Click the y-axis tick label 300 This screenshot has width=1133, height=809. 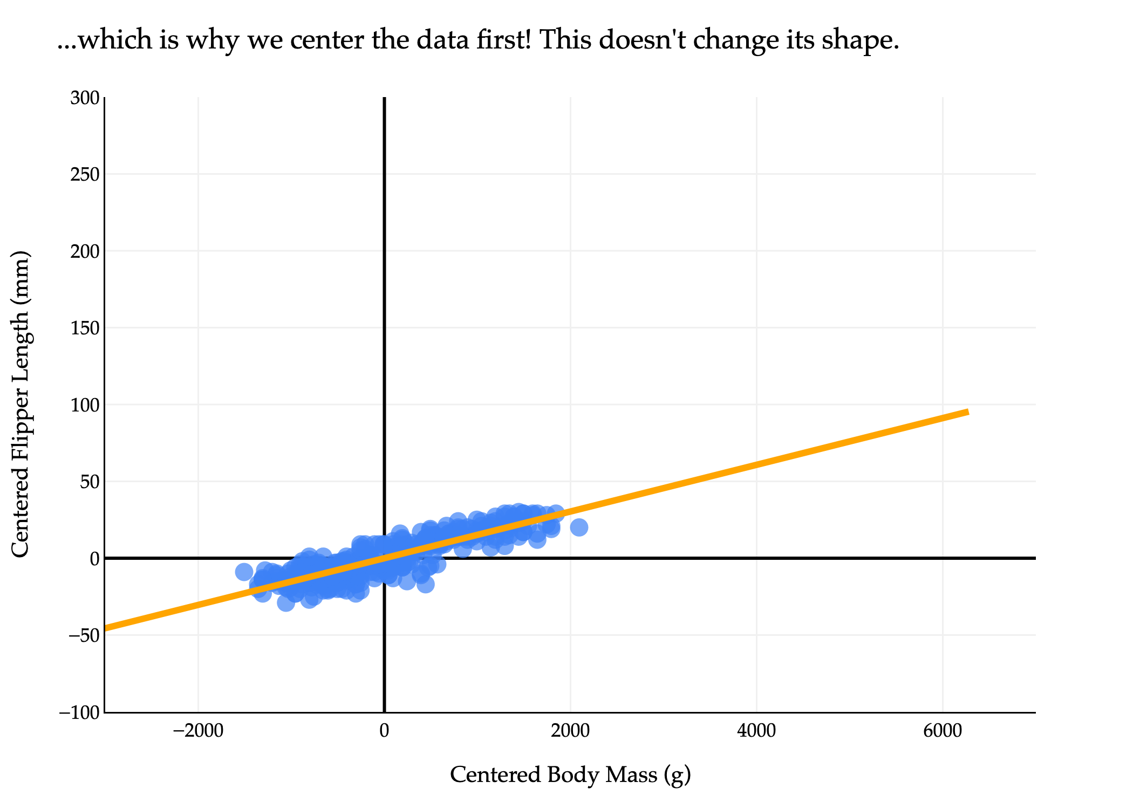pyautogui.click(x=85, y=98)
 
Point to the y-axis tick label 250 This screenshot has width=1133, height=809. pyautogui.click(x=85, y=175)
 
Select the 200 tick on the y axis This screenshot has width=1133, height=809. pyautogui.click(x=85, y=251)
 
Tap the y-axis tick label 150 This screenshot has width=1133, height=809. pyautogui.click(x=85, y=328)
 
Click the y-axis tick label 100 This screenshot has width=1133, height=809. pyautogui.click(x=85, y=405)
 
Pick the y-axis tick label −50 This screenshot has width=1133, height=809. pyautogui.click(x=82, y=635)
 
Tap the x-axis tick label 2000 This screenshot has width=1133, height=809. pyautogui.click(x=570, y=731)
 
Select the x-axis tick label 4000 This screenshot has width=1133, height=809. pyautogui.click(x=756, y=731)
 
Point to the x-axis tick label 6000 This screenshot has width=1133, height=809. pyautogui.click(x=943, y=731)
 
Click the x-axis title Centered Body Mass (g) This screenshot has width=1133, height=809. pyautogui.click(x=570, y=775)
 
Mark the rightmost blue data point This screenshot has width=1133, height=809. pyautogui.click(x=579, y=527)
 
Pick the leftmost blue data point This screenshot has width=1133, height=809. pyautogui.click(x=244, y=572)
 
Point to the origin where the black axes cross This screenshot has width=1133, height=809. pyautogui.click(x=384, y=558)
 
